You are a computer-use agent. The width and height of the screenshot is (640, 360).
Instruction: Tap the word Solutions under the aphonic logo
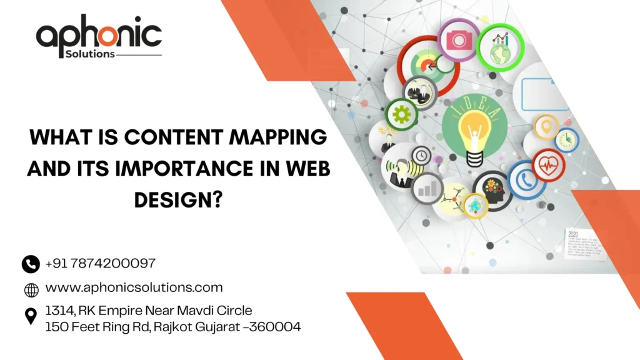pos(90,54)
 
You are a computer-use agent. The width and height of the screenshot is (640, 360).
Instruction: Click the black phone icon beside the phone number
pos(31,264)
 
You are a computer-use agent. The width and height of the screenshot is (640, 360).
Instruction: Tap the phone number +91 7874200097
pos(100,264)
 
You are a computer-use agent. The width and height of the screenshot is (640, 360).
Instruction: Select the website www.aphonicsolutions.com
pos(134,287)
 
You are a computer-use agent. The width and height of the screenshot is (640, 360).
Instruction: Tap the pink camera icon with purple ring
pos(458,39)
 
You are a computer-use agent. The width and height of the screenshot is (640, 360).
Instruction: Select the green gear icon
pos(402,114)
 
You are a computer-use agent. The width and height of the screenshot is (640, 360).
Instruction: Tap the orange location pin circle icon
pos(546,126)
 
